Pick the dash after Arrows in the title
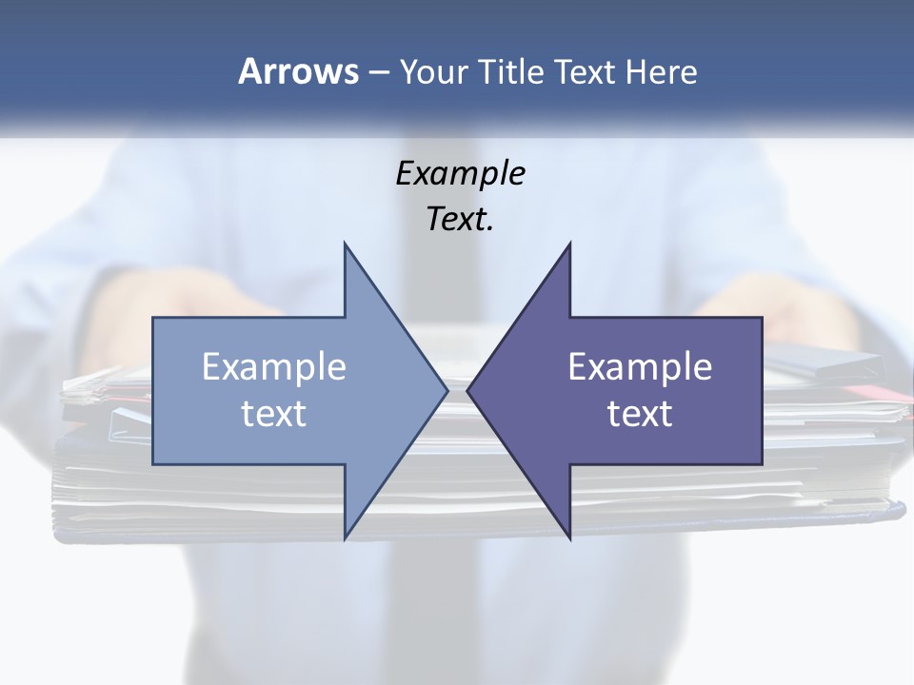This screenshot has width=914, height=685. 377,72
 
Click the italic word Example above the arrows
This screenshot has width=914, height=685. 460,173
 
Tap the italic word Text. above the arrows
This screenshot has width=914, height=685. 460,219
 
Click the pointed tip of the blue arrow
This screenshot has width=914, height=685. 446,390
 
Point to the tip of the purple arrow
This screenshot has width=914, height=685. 468,390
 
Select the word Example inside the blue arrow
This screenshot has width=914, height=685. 274,367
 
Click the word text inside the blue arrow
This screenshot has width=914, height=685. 274,413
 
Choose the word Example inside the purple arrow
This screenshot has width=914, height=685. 640,367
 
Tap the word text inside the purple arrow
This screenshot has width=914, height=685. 640,413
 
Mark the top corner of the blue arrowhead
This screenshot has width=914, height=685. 346,245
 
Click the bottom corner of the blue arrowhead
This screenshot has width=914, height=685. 346,538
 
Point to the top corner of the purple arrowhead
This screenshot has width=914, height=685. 569,245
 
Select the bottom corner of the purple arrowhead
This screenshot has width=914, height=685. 569,538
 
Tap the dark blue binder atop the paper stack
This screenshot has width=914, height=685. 828,362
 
